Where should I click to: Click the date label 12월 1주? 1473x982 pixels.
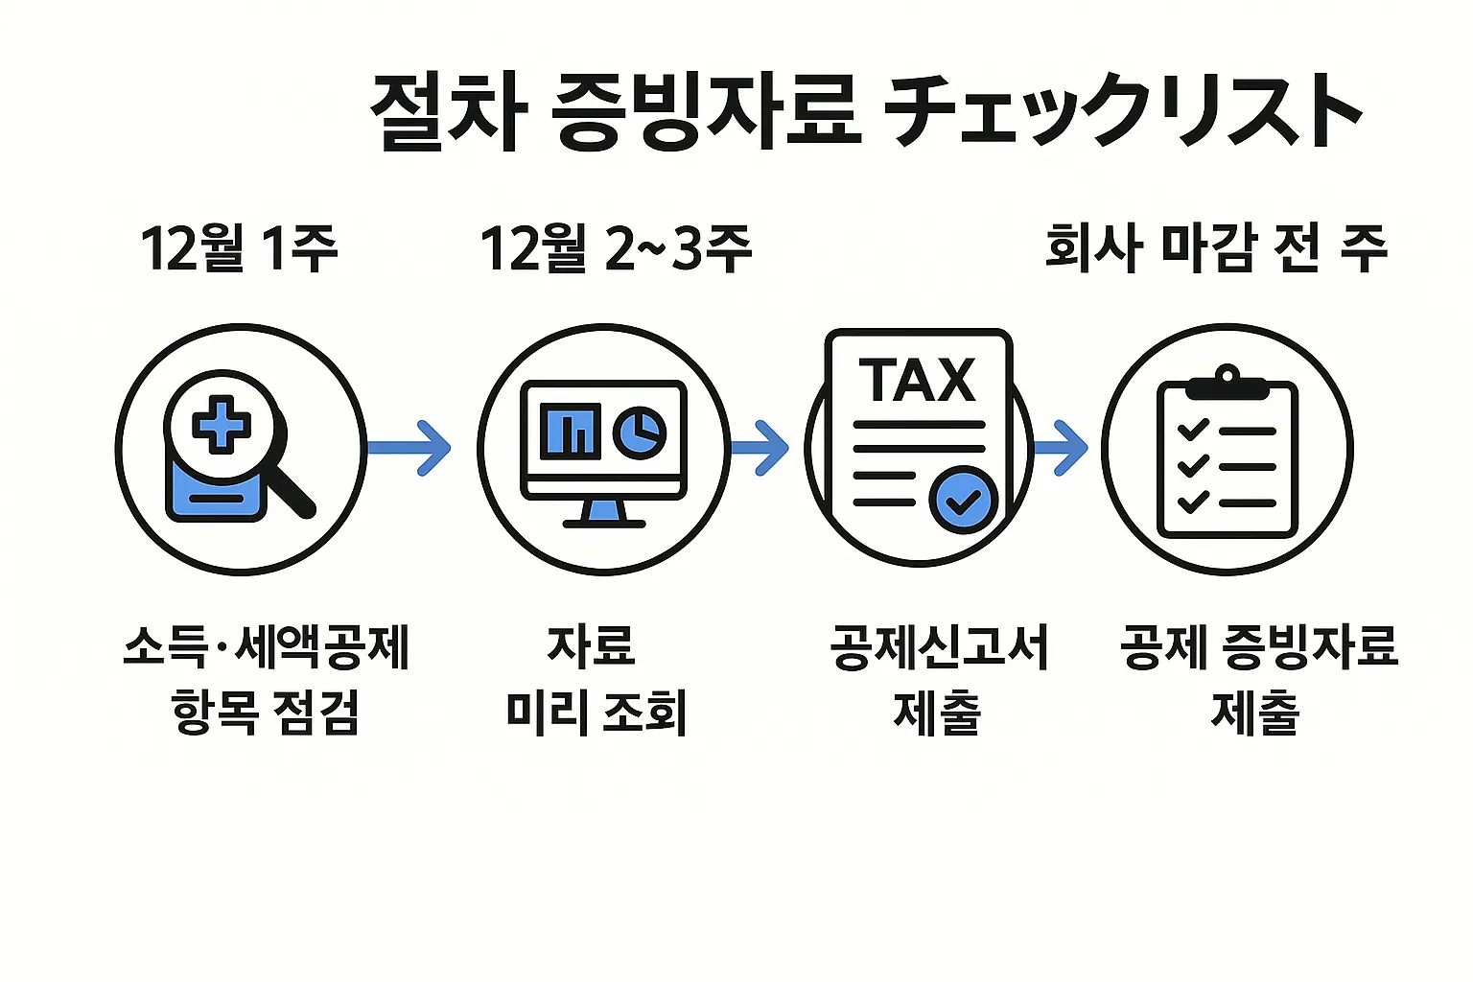point(239,248)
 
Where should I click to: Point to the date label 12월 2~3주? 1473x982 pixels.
point(616,248)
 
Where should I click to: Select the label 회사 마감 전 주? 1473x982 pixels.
point(1216,248)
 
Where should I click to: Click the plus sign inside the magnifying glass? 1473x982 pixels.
point(222,423)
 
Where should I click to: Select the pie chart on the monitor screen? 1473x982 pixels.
point(640,431)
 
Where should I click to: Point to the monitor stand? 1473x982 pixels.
point(603,514)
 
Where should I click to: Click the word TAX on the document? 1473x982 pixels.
point(918,381)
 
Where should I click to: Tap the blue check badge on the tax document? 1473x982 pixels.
point(965,500)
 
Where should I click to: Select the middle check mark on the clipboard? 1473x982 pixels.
point(1192,467)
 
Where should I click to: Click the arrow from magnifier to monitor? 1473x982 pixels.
point(409,447)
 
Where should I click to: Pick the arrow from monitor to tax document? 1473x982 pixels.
point(760,447)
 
